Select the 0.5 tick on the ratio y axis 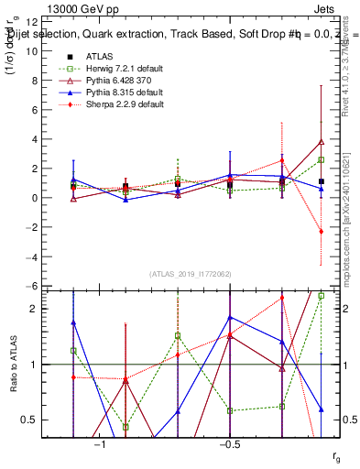pyautogui.click(x=27, y=420)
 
